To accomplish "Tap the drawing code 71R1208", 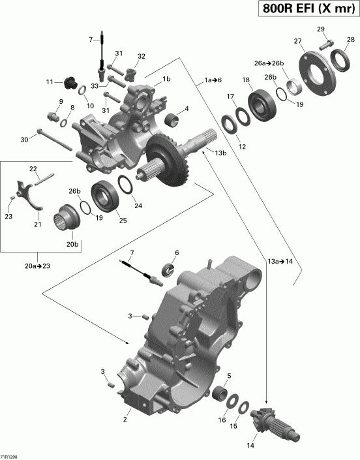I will [x=10, y=455].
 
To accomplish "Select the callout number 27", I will [x=299, y=42].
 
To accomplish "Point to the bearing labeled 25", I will [x=104, y=192].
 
